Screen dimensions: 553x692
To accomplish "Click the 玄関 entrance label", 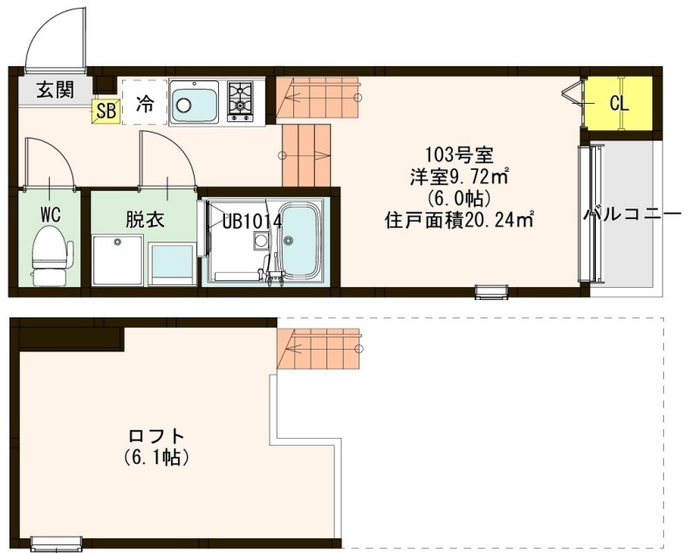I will coord(54,89).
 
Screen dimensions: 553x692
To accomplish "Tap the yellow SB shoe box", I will coord(106,111).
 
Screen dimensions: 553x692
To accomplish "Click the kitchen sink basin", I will coord(194,103).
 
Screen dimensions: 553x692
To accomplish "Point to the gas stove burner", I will coord(240,100).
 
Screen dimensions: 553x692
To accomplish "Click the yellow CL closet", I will coord(619,103).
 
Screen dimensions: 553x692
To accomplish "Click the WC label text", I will coord(49,215).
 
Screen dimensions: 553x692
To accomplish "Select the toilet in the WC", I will coord(50,256).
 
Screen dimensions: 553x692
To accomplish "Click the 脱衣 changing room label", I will coord(144,219).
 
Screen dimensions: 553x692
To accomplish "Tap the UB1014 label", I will coord(251,221).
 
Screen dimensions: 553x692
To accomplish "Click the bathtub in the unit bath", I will coord(302,241).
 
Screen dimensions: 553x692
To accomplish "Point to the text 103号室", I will coord(459,156).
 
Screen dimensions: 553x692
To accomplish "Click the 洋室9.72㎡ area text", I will coord(459,177).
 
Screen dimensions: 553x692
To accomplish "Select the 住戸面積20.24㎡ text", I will coord(459,220).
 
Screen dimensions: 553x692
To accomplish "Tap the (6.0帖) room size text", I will coord(459,198).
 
